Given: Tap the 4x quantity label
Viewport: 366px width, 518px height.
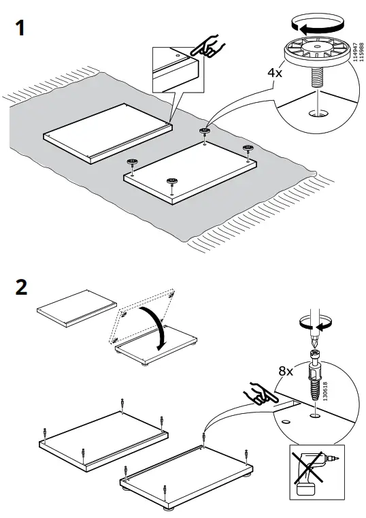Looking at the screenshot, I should (x=276, y=72).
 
